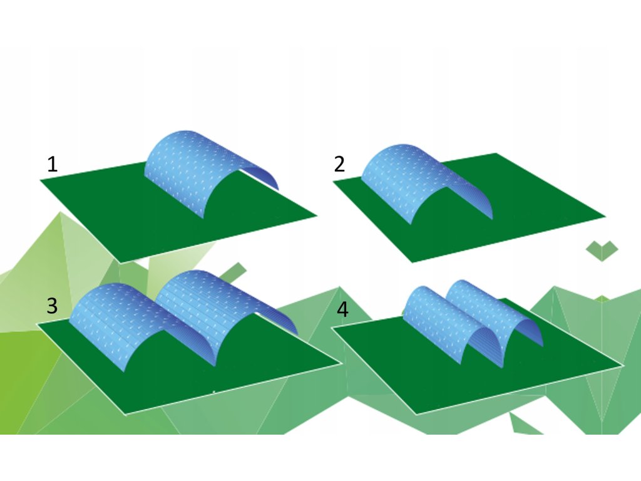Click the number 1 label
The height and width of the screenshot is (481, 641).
[x=53, y=165]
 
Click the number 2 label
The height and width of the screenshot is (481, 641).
[x=339, y=165]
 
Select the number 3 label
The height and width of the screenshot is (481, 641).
[x=53, y=306]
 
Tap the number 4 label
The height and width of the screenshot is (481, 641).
[x=342, y=309]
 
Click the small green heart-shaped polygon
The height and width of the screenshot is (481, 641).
[x=602, y=250]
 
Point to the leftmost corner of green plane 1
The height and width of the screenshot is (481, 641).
[x=41, y=180]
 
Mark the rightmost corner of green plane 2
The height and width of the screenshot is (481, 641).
[x=605, y=217]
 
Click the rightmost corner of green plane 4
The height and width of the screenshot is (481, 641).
[x=622, y=365]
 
